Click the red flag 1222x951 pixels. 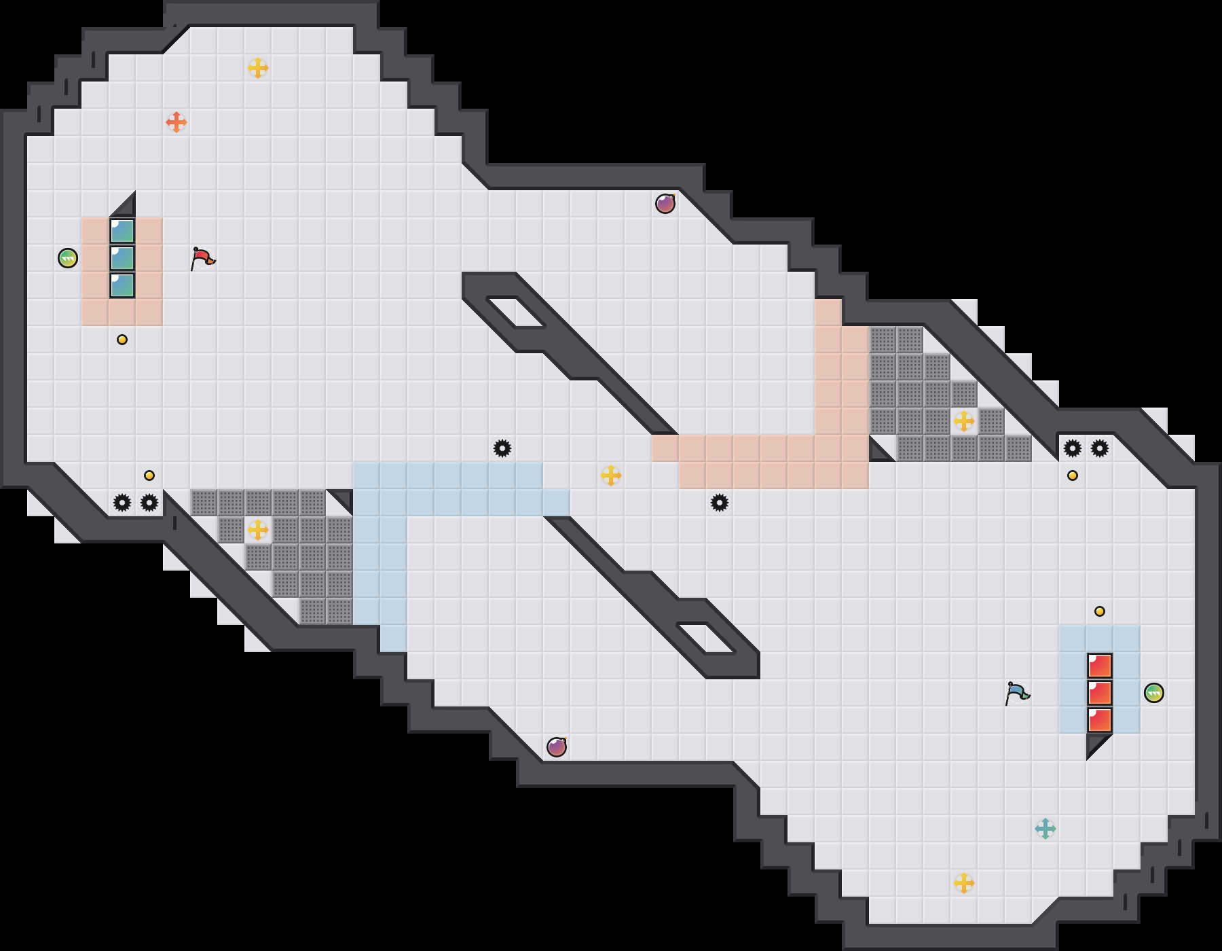pyautogui.click(x=202, y=258)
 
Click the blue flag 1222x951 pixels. pyautogui.click(x=1016, y=693)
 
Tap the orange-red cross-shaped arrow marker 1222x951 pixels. pyautogui.click(x=177, y=122)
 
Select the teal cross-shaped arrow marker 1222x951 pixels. pyautogui.click(x=1045, y=829)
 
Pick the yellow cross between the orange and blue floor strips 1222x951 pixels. pyautogui.click(x=611, y=475)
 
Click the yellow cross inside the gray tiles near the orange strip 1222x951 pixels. pyautogui.click(x=964, y=421)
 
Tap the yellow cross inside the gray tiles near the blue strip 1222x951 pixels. pyautogui.click(x=258, y=530)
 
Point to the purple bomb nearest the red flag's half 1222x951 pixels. pyautogui.click(x=665, y=203)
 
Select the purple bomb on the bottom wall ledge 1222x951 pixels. pyautogui.click(x=557, y=747)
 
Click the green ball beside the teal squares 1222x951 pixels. pyautogui.click(x=68, y=258)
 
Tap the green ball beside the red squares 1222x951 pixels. pyautogui.click(x=1154, y=693)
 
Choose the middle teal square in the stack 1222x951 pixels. pyautogui.click(x=122, y=258)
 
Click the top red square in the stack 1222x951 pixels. pyautogui.click(x=1100, y=666)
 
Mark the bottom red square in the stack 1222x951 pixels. pyautogui.click(x=1100, y=720)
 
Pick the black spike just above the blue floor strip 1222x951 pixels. pyautogui.click(x=502, y=448)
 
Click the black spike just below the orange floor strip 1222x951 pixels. pyautogui.click(x=720, y=503)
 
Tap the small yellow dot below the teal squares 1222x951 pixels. pyautogui.click(x=122, y=340)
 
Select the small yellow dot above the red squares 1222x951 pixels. pyautogui.click(x=1100, y=611)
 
